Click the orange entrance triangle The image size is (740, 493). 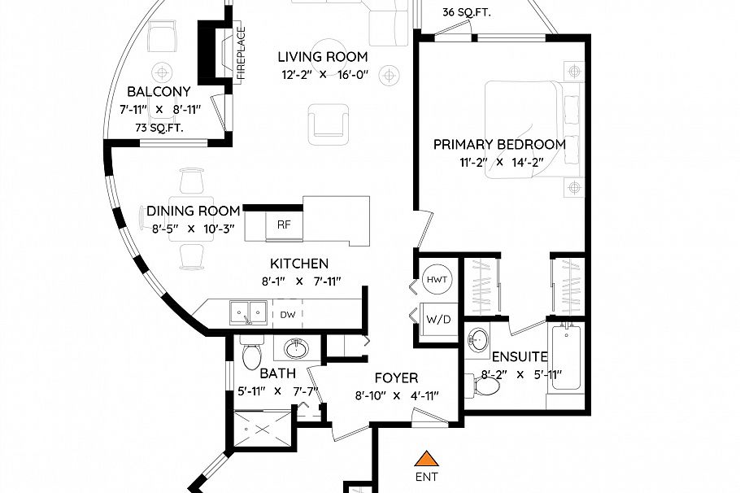(x=427, y=459)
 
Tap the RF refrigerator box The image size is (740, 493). (x=284, y=225)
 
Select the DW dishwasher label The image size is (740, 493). (x=287, y=315)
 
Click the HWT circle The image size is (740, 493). (x=437, y=280)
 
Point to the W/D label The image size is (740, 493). (x=439, y=320)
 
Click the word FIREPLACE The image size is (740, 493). (x=242, y=54)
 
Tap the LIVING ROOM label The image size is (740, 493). (x=323, y=57)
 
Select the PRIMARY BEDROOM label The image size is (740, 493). (x=499, y=145)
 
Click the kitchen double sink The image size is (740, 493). (x=248, y=312)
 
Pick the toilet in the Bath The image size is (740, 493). (x=250, y=352)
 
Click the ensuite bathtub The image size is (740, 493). (x=566, y=357)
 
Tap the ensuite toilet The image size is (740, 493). (x=483, y=386)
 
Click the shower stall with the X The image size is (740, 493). (x=263, y=430)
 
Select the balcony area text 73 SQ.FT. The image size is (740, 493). (x=159, y=128)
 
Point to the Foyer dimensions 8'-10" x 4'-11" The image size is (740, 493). (x=397, y=395)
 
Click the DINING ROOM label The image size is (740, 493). (x=194, y=211)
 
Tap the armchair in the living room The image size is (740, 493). (x=329, y=124)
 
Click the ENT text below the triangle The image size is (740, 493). (x=427, y=477)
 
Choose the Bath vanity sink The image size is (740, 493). (x=296, y=349)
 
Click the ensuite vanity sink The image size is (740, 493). (x=477, y=340)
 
